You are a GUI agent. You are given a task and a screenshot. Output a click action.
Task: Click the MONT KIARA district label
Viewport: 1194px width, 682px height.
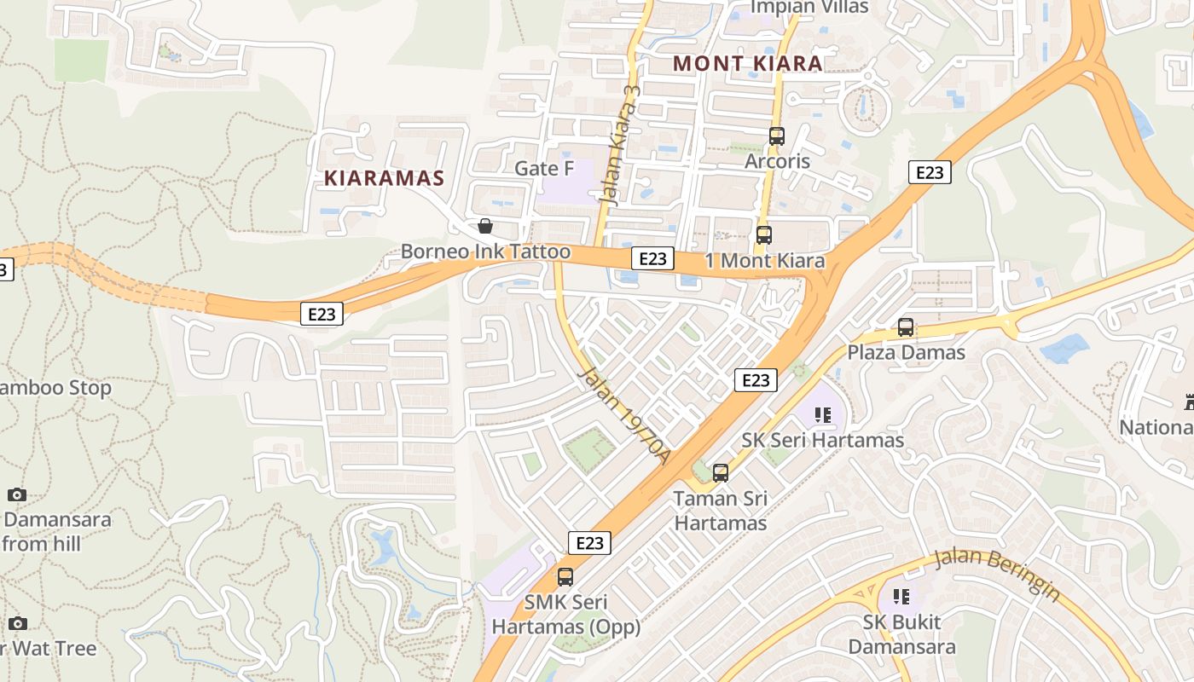point(748,63)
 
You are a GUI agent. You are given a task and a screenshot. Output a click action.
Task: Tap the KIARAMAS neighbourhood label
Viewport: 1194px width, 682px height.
point(385,178)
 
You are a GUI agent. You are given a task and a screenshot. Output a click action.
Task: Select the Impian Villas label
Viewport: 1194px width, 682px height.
point(809,7)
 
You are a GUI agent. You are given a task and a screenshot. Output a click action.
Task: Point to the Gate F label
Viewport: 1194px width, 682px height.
point(544,168)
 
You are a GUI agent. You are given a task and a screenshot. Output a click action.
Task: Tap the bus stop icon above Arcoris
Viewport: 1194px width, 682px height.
point(776,136)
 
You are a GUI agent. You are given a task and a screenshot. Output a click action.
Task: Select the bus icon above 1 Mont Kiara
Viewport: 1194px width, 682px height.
point(764,235)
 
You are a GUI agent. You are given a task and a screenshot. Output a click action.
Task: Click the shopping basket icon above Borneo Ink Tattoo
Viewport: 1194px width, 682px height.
point(485,226)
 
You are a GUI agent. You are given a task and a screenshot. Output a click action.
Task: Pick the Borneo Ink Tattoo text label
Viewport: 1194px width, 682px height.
point(485,251)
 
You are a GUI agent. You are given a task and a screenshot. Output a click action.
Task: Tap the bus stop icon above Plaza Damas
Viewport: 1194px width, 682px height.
point(906,327)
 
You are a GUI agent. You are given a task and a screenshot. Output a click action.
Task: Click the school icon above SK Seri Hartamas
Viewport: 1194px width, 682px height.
point(823,415)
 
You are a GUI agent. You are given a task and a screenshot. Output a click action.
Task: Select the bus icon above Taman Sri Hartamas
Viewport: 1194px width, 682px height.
point(721,472)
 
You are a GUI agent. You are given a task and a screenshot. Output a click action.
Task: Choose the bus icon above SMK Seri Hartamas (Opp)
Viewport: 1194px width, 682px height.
point(565,577)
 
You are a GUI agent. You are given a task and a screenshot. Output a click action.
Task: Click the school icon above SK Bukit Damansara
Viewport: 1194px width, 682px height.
point(901,597)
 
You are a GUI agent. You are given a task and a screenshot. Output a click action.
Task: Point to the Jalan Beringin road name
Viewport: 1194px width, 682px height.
point(997,574)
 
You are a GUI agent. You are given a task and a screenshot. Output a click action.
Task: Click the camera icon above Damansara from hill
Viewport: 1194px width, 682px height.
point(16,494)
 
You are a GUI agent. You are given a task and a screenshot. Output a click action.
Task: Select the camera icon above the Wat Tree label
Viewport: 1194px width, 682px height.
point(18,624)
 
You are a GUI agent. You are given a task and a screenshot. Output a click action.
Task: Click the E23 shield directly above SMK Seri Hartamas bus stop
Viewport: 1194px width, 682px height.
point(589,543)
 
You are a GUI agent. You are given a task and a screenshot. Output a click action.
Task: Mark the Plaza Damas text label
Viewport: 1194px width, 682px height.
point(906,352)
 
